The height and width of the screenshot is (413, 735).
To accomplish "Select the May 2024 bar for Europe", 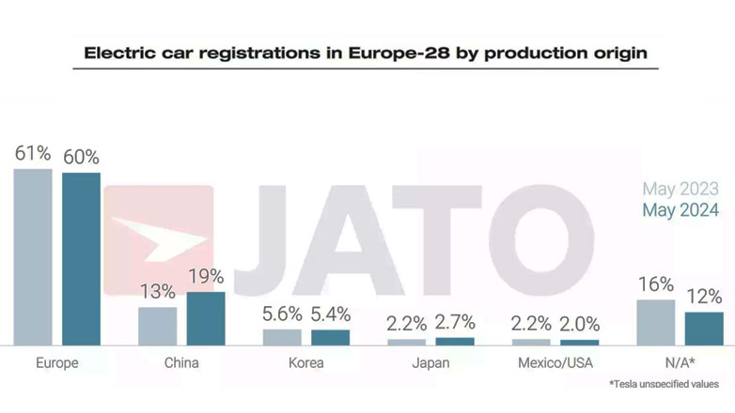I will click(x=81, y=259).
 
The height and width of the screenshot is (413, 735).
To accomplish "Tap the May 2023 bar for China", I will click(x=157, y=326).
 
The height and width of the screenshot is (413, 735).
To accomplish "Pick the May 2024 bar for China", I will click(x=206, y=318).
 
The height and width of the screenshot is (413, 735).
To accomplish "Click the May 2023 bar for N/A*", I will click(x=655, y=322).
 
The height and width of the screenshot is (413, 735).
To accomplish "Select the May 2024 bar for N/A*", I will click(x=704, y=329).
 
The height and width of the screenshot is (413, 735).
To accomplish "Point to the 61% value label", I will click(x=33, y=154).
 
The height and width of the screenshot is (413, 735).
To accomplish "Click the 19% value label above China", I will click(x=206, y=277).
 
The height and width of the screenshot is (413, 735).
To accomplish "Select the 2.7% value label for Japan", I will click(x=455, y=324).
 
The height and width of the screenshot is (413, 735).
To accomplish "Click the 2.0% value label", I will click(x=579, y=325).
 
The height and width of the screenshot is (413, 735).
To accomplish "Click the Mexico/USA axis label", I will click(x=555, y=362).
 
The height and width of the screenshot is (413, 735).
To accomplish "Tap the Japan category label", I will click(x=430, y=362).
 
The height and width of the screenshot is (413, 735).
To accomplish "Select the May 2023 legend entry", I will click(x=680, y=189).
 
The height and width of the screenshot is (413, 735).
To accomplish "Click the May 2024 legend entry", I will click(x=680, y=209).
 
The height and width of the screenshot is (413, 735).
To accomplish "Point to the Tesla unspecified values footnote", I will click(x=664, y=384).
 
